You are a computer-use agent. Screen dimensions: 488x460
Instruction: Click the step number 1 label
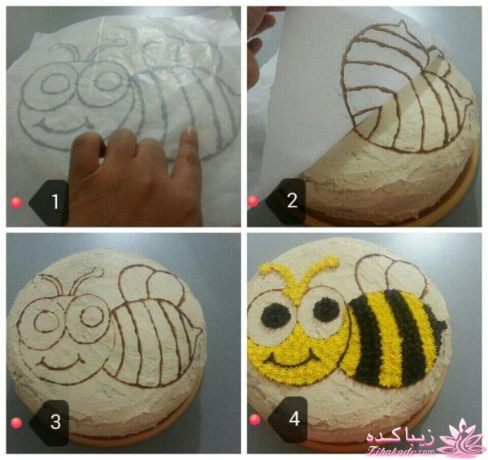tap(55, 202)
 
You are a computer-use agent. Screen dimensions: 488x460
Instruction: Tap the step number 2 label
tap(292, 200)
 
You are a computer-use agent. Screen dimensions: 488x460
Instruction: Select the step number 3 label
tap(55, 422)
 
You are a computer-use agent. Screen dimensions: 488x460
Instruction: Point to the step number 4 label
tap(294, 419)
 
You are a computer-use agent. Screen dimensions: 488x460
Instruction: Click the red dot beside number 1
tap(16, 203)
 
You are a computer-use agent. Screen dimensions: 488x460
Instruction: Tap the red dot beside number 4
tap(255, 419)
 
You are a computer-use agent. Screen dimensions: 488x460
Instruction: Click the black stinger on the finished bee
tap(439, 325)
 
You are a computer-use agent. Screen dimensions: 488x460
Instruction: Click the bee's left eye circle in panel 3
tap(47, 321)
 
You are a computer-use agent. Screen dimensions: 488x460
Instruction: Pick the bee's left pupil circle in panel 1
tap(55, 84)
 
